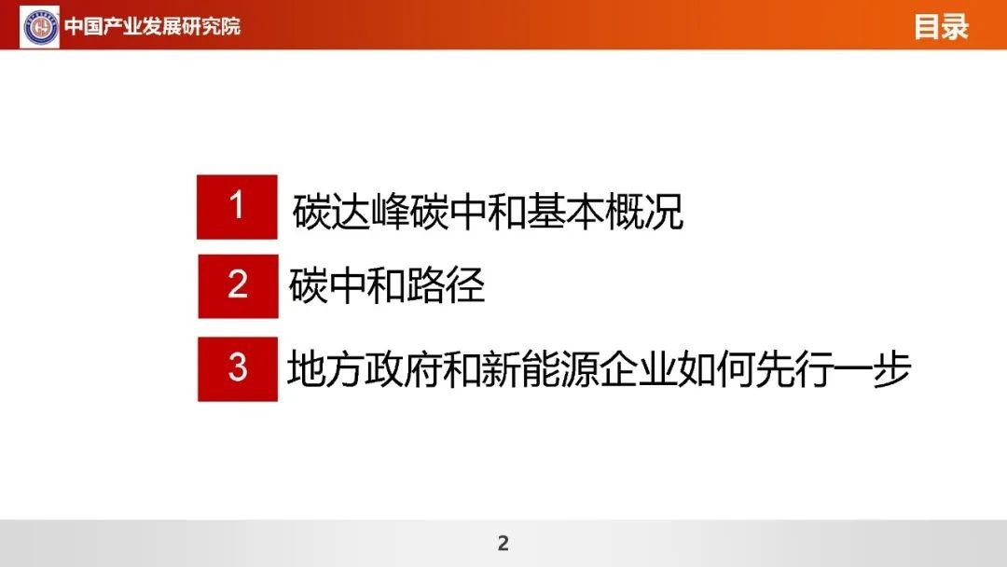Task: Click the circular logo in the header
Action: pyautogui.click(x=40, y=26)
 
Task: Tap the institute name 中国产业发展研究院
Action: pyautogui.click(x=152, y=26)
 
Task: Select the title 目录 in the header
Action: pyautogui.click(x=941, y=27)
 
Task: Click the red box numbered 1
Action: pyautogui.click(x=237, y=207)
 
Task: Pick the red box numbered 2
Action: pyautogui.click(x=238, y=285)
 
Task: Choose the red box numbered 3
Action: pyautogui.click(x=238, y=368)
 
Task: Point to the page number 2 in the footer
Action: pyautogui.click(x=503, y=544)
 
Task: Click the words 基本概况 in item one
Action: pyautogui.click(x=604, y=211)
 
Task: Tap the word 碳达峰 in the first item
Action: pyautogui.click(x=351, y=211)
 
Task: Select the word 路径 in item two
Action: pyautogui.click(x=445, y=285)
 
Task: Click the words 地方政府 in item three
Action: pyautogui.click(x=365, y=369)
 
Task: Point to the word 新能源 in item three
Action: pyautogui.click(x=520, y=369)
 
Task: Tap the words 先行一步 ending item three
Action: pyautogui.click(x=833, y=369)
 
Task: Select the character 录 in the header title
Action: pyautogui.click(x=955, y=27)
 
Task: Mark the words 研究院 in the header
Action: pyautogui.click(x=212, y=26)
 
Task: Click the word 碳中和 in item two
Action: pyautogui.click(x=347, y=285)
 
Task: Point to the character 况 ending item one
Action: pyautogui.click(x=664, y=211)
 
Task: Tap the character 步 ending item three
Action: pyautogui.click(x=891, y=369)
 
